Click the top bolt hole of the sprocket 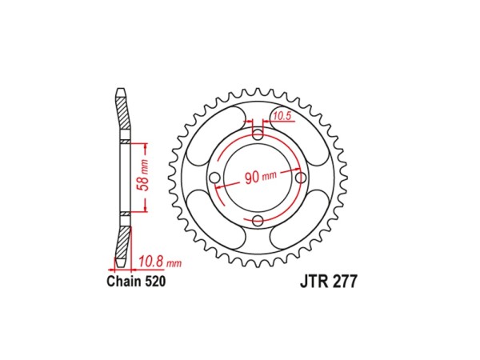click(258, 133)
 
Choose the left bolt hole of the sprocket click(216, 178)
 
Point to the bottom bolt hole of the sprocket click(258, 221)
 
